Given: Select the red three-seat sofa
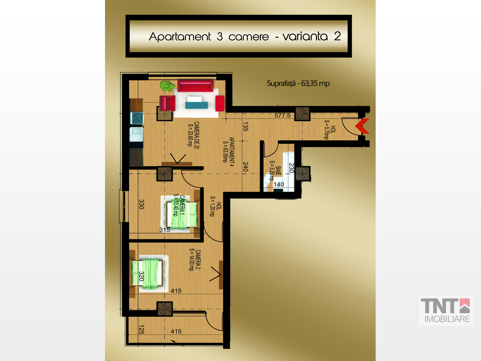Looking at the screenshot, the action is (x=195, y=85).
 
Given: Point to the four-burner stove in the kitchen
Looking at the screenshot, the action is (x=137, y=118).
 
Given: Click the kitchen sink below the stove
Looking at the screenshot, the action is (x=136, y=134).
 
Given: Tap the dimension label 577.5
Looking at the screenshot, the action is (x=283, y=116).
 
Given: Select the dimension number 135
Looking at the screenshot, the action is (x=245, y=127).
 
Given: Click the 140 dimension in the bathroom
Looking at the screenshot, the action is (x=279, y=184).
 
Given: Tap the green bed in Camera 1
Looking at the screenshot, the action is (x=182, y=215).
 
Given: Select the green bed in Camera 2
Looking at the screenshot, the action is (x=147, y=274).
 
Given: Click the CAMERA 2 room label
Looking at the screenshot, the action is (x=195, y=260).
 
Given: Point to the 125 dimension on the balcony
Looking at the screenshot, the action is (x=142, y=329).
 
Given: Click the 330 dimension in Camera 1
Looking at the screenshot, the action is (x=141, y=204).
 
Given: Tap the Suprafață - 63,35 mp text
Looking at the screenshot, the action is (x=298, y=84).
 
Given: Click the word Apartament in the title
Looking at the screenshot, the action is (x=180, y=37).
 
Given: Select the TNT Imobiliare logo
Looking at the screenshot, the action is (x=446, y=310).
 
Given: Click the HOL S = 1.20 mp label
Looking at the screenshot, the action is (x=216, y=206).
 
